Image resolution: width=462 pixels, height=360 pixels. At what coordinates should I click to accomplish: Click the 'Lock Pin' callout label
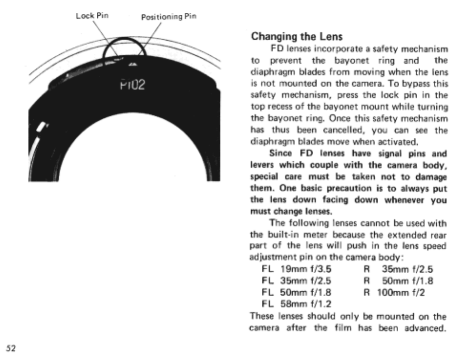click(x=92, y=15)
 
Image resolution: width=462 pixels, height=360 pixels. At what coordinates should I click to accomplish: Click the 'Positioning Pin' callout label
click(x=169, y=17)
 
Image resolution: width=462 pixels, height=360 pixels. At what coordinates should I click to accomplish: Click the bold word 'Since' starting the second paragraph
click(x=280, y=154)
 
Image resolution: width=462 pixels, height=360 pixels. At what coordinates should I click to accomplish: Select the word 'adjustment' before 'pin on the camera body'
click(x=269, y=258)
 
